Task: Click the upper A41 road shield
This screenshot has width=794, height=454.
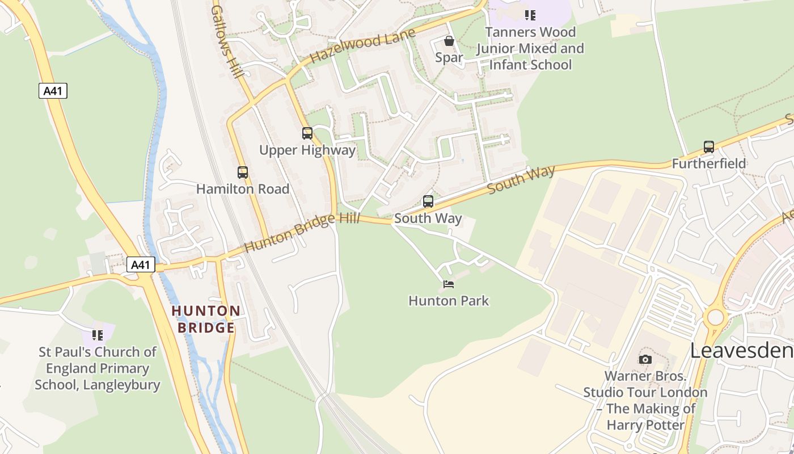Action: [x=53, y=91]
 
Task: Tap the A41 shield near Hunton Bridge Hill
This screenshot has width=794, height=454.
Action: [x=140, y=264]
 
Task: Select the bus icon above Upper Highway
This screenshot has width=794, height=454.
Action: [x=307, y=133]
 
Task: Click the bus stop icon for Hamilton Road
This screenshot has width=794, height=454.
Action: [x=243, y=173]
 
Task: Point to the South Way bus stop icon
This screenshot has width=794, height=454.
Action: [x=428, y=201]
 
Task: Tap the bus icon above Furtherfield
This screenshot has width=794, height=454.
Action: [x=708, y=147]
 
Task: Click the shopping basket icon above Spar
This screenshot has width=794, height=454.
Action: [x=449, y=41]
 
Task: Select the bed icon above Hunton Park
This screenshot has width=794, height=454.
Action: [x=449, y=284]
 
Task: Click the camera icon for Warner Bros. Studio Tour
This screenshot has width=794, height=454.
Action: [x=645, y=359]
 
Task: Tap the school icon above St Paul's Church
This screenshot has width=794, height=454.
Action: [x=98, y=335]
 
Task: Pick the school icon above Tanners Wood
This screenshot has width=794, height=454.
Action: [x=530, y=15]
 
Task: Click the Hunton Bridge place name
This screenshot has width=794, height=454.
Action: [x=206, y=319]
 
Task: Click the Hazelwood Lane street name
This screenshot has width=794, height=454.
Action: [x=363, y=45]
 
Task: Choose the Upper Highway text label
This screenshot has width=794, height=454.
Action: [x=307, y=150]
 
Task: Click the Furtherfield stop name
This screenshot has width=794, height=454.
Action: [x=709, y=164]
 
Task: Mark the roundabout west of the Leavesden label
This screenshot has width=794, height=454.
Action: [x=716, y=317]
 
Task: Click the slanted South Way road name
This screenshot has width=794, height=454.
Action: [x=521, y=179]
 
